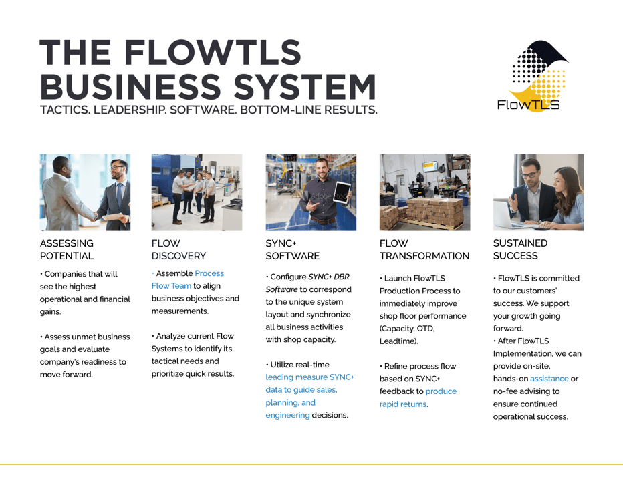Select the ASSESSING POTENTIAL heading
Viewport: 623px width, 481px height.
coord(67,249)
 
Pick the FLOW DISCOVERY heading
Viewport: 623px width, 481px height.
coord(178,249)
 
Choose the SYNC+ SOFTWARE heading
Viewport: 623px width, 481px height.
coord(292,249)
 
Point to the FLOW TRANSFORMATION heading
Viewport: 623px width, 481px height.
coord(424,249)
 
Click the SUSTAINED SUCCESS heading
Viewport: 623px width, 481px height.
coord(520,249)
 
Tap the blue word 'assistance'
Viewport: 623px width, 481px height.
coord(549,379)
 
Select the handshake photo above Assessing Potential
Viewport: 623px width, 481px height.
coord(85,192)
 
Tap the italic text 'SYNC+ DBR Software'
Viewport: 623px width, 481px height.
coord(307,283)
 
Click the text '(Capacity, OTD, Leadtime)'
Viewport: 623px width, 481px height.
coord(408,335)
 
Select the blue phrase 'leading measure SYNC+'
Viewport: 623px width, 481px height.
coord(309,377)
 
